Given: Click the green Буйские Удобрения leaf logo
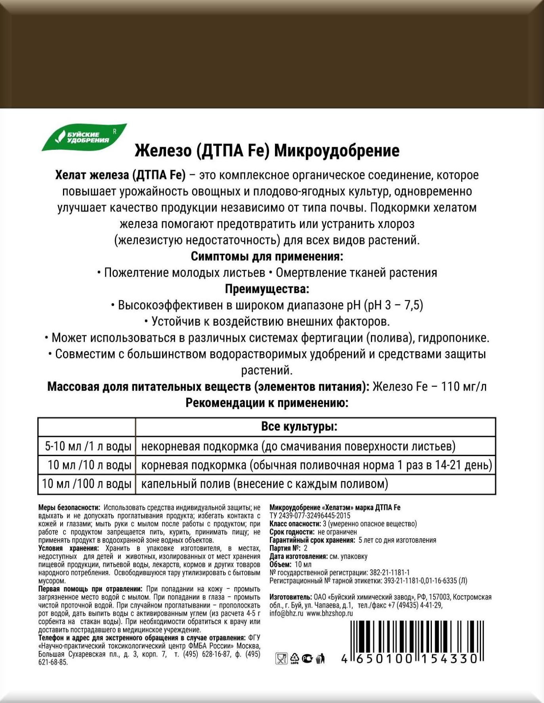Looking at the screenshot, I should tap(84, 137).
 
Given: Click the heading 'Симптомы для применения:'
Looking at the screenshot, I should tap(267, 257).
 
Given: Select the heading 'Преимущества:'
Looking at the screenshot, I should tap(267, 289).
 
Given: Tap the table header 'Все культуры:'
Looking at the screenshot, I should tap(299, 427).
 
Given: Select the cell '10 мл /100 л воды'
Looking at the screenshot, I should tap(87, 484).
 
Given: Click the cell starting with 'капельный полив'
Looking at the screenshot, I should tap(264, 484).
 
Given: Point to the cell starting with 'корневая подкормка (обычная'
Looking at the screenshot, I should tap(316, 465).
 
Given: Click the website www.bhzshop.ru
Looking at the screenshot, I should tap(329, 613).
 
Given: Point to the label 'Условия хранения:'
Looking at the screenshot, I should tap(69, 548).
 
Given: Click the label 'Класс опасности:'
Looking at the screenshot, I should tap(295, 524).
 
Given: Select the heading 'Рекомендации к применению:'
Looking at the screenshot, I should tap(267, 403).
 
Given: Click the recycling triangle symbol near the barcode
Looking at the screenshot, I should tap(294, 659).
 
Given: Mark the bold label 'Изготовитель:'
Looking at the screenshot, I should tap(290, 597).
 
